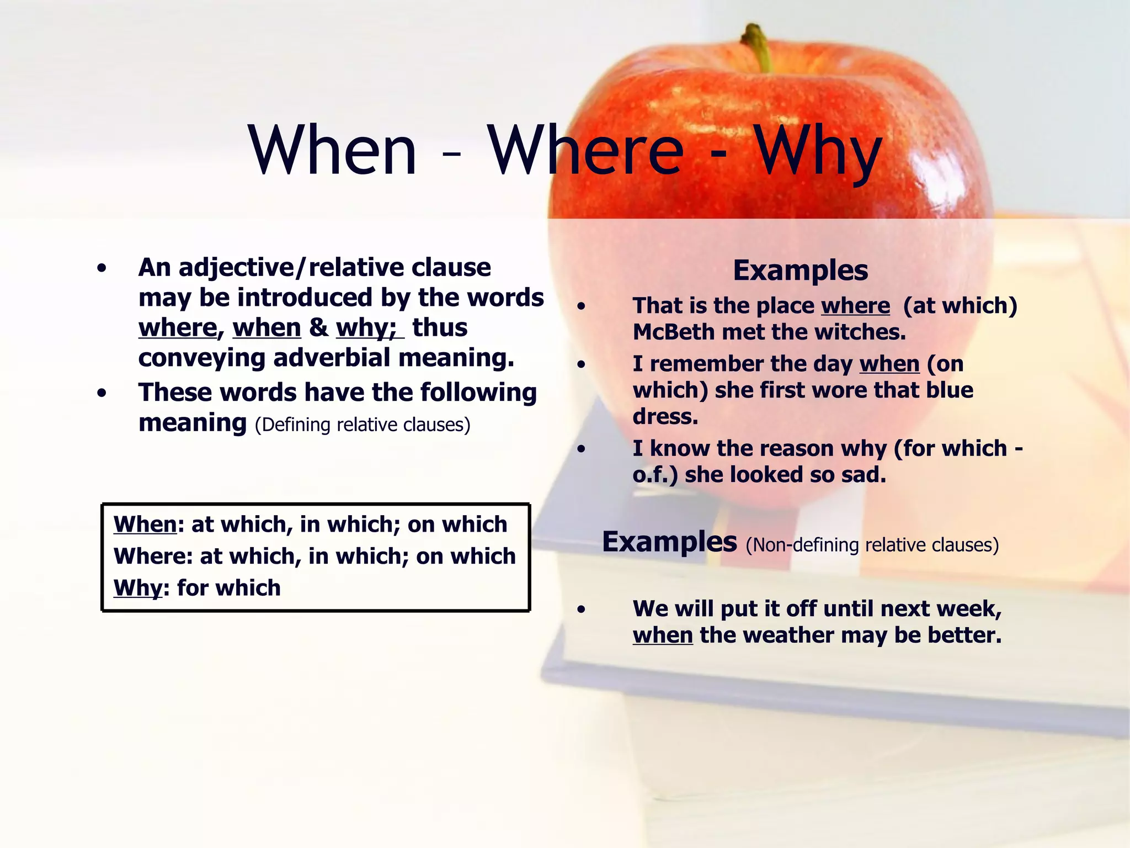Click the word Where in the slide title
pyautogui.click(x=585, y=150)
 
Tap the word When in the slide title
pyautogui.click(x=333, y=150)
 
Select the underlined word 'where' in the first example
pyautogui.click(x=855, y=306)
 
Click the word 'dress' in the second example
pyautogui.click(x=665, y=417)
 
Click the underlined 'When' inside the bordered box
pyautogui.click(x=145, y=524)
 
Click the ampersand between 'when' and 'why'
pyautogui.click(x=318, y=328)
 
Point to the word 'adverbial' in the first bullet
pyautogui.click(x=332, y=358)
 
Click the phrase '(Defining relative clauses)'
pyautogui.click(x=363, y=425)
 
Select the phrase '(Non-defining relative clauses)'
pyautogui.click(x=872, y=545)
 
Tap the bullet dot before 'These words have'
pyautogui.click(x=102, y=394)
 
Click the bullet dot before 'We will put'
pyautogui.click(x=581, y=610)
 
